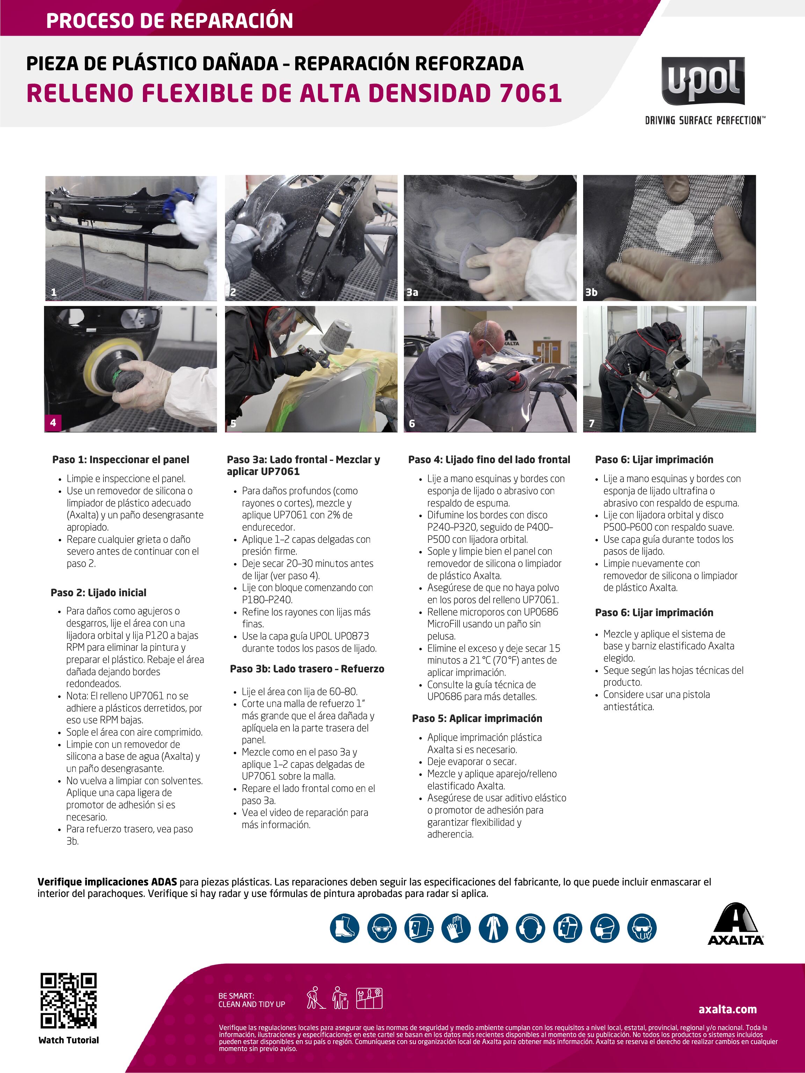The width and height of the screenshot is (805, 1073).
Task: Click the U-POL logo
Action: pos(703,81)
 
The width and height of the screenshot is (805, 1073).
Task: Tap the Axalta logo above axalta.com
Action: pos(735,925)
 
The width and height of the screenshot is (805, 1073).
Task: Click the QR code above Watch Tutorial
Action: pos(68,1000)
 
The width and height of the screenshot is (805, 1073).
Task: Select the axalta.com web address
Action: pos(727,1009)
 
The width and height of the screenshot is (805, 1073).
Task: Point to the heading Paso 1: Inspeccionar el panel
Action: pos(121,459)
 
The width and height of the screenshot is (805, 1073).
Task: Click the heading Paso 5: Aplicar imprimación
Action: pos(477,718)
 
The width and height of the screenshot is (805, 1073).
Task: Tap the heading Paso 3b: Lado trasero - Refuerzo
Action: pos(307,669)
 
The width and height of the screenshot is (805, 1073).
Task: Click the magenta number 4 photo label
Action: pos(53,423)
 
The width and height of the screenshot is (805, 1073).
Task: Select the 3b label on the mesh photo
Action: pos(591,292)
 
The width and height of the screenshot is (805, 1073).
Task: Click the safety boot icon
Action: pos(345,928)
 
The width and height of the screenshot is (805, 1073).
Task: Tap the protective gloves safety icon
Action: pos(456,928)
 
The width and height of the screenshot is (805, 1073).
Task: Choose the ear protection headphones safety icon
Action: pos(530,928)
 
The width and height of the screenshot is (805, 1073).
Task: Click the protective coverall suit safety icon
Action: pos(493,928)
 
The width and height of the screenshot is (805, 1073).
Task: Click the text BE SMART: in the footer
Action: pos(236,996)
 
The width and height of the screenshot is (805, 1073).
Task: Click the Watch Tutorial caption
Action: pos(68,1040)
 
